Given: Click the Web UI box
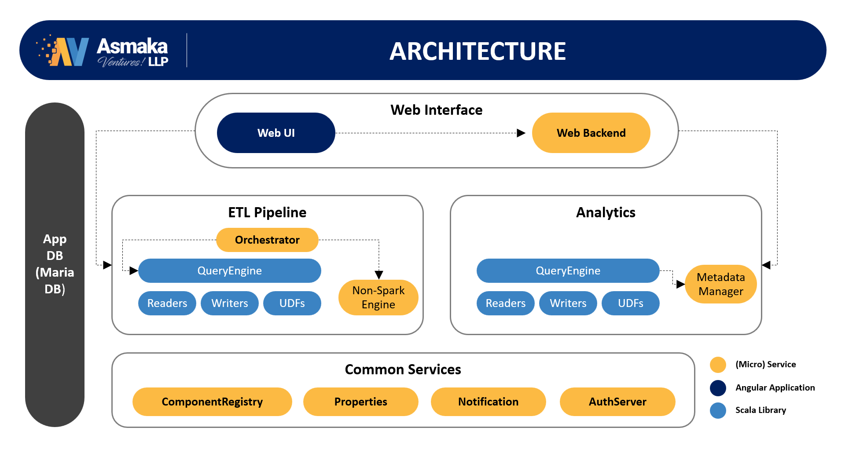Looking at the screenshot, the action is pyautogui.click(x=276, y=133).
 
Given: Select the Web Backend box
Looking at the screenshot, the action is pyautogui.click(x=591, y=133).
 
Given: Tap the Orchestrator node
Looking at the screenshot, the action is pyautogui.click(x=267, y=240).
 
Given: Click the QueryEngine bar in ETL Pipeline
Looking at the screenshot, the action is pyautogui.click(x=230, y=270).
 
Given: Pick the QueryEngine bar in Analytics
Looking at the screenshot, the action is pyautogui.click(x=568, y=270).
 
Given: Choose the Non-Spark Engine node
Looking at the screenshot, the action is pyautogui.click(x=378, y=297).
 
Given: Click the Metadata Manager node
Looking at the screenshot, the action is pyautogui.click(x=721, y=284).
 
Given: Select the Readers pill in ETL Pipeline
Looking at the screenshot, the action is pyautogui.click(x=167, y=303).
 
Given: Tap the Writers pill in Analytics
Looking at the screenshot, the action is pyautogui.click(x=568, y=303).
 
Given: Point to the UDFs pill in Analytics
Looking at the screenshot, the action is pyautogui.click(x=631, y=303).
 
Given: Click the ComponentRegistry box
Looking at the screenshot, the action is pyautogui.click(x=212, y=402).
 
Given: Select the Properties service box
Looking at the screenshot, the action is pyautogui.click(x=361, y=402).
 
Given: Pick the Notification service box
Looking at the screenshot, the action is pyautogui.click(x=489, y=402).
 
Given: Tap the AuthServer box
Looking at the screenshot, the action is pyautogui.click(x=617, y=402).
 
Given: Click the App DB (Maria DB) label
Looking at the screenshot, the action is pyautogui.click(x=55, y=264).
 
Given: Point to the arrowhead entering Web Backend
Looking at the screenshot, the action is pyautogui.click(x=521, y=133).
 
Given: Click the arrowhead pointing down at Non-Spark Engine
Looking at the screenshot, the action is pyautogui.click(x=379, y=275).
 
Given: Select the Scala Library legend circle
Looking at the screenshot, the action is pyautogui.click(x=718, y=410).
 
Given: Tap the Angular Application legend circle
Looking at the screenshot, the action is pyautogui.click(x=718, y=388).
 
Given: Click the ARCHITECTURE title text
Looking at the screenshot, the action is pyautogui.click(x=478, y=51).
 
